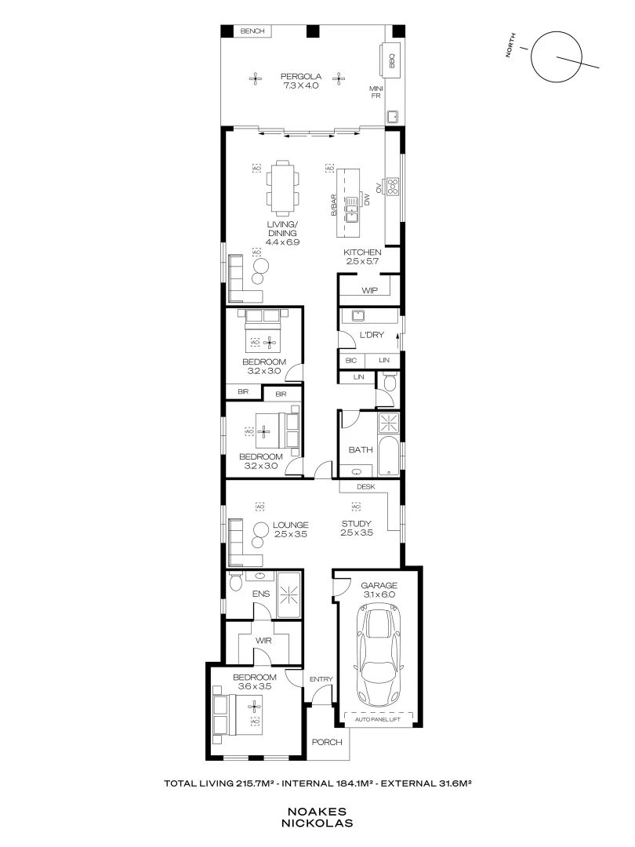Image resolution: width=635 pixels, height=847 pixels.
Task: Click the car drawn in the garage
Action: [379, 657]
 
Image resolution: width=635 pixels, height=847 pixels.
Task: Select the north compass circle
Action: [556, 57]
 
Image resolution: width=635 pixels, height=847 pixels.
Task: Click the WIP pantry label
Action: [370, 290]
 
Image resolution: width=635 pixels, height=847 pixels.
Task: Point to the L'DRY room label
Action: [370, 335]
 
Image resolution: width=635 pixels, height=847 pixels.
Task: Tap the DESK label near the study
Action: [365, 486]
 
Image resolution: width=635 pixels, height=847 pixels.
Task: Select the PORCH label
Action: [327, 742]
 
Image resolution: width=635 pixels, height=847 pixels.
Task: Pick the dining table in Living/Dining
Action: [282, 188]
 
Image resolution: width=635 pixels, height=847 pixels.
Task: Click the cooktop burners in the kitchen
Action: [394, 187]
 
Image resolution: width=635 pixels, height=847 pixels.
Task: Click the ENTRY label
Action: [321, 679]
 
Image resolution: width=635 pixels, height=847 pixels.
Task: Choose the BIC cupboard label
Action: [350, 360]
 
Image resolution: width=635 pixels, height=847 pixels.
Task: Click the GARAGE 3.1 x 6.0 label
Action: [379, 591]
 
